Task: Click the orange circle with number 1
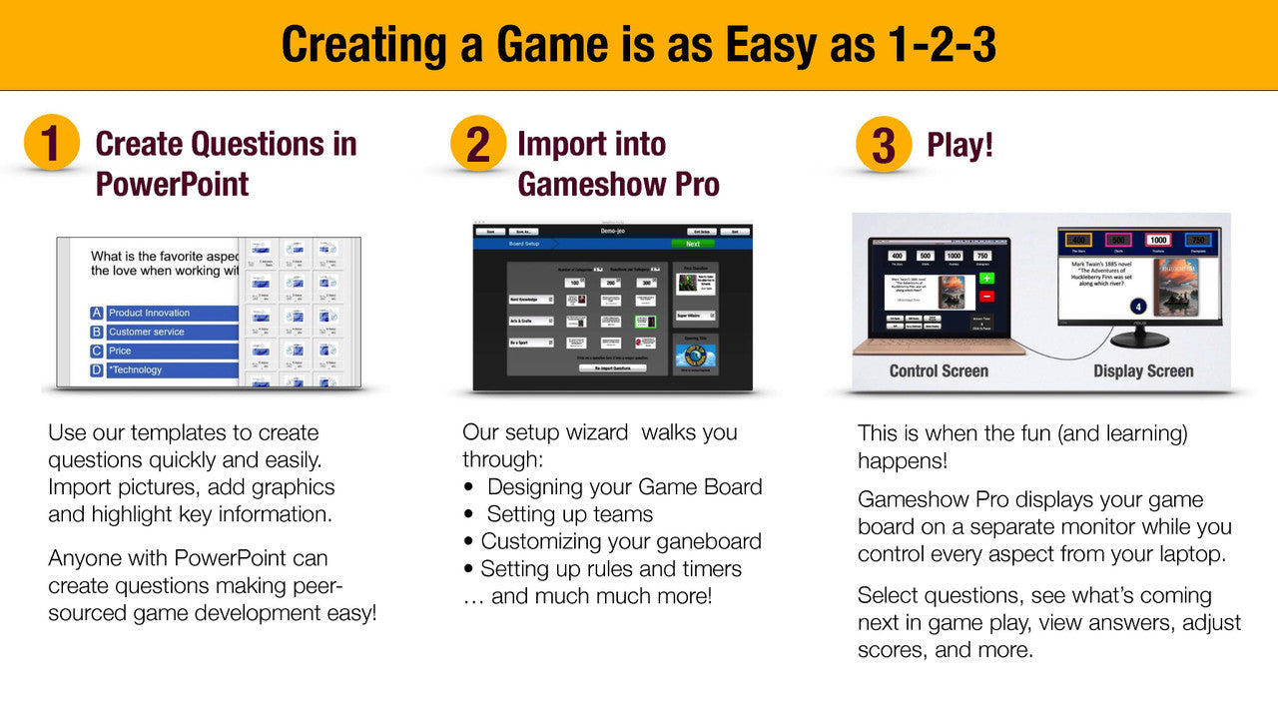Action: pos(51,143)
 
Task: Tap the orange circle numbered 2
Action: pos(477,143)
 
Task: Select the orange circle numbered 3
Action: pos(883,144)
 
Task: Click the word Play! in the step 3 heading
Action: pos(959,145)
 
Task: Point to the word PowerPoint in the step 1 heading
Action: pos(172,184)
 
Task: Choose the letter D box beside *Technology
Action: pos(97,369)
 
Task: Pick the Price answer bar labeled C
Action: pos(170,351)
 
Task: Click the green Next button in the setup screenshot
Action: pos(692,244)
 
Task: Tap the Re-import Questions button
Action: pos(612,367)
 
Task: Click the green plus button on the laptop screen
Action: pos(985,279)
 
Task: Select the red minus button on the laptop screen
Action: pos(985,296)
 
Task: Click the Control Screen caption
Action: pos(939,370)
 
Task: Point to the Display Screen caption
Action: pos(1143,370)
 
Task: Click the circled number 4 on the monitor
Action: pos(1135,307)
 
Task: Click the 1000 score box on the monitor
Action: pos(1158,240)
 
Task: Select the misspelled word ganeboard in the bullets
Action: pos(712,541)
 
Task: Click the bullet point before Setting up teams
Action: pos(469,514)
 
